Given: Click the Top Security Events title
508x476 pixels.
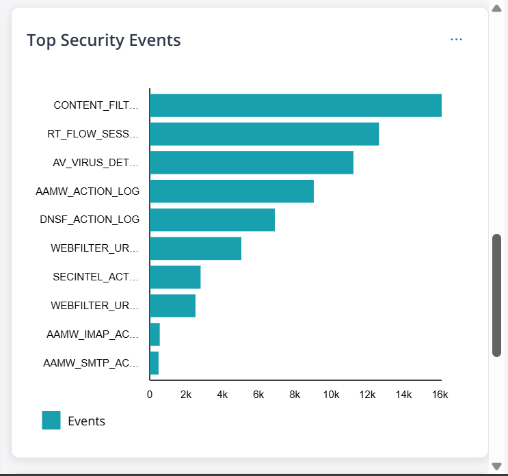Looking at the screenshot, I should (104, 40).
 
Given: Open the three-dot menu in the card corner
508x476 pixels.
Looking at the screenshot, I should (456, 40).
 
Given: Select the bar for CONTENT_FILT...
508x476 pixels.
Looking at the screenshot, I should (295, 105).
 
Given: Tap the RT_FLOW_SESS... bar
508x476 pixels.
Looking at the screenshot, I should (264, 134).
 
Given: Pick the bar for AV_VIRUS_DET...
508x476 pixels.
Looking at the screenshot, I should (252, 163).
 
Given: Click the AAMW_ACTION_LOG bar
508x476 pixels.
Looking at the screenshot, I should (232, 191).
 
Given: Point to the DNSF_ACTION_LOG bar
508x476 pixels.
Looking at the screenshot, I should (212, 220).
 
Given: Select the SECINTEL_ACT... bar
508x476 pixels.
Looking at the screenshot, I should (175, 277).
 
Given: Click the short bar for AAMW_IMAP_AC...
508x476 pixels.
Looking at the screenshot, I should (155, 334).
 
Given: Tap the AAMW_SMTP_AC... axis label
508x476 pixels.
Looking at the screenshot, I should (92, 363).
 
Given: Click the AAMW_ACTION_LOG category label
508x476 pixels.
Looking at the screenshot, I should (88, 191).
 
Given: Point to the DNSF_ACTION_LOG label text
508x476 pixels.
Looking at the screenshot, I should (90, 220).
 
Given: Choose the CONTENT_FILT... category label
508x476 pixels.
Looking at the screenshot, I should (96, 105).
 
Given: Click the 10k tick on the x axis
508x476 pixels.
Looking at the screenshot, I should (332, 395).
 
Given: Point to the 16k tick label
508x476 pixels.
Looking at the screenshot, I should (440, 395).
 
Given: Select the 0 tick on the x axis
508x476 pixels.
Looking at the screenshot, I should (150, 395).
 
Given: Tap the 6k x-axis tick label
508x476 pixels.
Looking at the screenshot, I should (258, 395).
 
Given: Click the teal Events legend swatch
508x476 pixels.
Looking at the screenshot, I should (51, 421).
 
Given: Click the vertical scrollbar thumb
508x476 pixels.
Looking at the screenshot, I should (497, 295).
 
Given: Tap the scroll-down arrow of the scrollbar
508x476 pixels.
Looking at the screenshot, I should (497, 466).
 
